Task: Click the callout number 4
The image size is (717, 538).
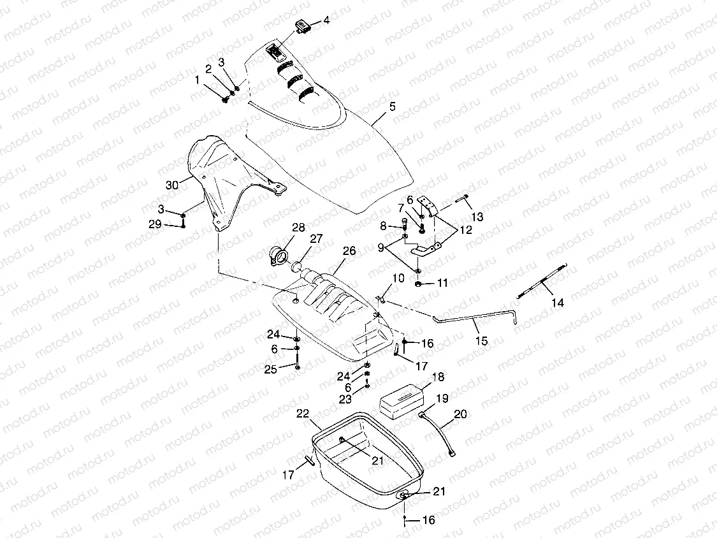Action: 326,20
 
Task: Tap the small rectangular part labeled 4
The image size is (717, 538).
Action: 303,25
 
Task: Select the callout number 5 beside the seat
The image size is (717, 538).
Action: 393,106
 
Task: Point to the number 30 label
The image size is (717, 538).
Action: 172,185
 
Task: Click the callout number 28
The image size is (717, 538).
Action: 298,228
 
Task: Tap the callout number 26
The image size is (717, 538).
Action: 349,251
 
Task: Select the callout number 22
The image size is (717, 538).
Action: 303,414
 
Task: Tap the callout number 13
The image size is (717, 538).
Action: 477,217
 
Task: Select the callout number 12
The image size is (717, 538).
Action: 466,230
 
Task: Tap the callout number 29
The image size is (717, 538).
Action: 156,224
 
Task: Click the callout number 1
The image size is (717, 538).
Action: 198,80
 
